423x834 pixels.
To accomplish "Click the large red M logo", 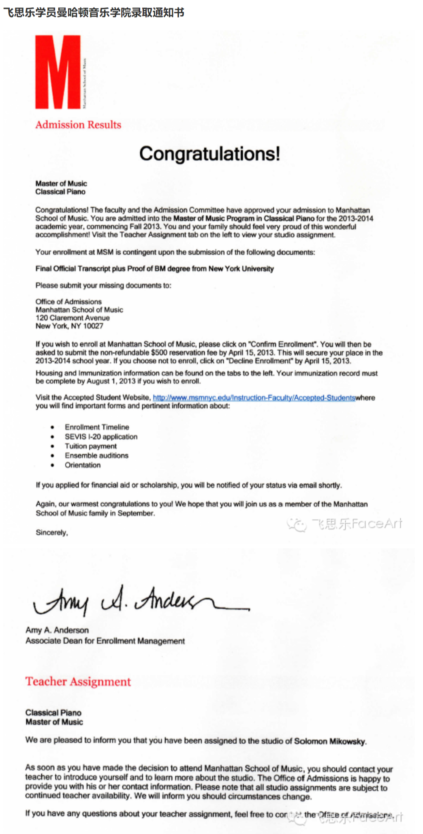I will tap(58, 72).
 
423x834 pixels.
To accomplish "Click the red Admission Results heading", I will tap(78, 125).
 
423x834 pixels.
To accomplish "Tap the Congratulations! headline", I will tap(209, 154).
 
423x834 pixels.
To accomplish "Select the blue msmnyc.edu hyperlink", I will tap(254, 398).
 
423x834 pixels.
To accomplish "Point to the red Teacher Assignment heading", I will tap(78, 682).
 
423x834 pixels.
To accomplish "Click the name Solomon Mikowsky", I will tap(330, 741).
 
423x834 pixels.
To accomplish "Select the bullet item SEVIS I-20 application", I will tap(101, 437).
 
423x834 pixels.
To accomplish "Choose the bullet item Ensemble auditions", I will tap(96, 456).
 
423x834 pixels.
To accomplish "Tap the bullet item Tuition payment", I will tap(91, 446).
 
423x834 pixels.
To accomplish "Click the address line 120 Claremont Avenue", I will tap(73, 318).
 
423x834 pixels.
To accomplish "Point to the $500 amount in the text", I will tap(159, 353).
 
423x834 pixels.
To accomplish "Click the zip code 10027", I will tap(93, 326).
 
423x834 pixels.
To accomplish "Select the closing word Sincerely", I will tap(51, 533).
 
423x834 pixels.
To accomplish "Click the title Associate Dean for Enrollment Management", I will tap(105, 641).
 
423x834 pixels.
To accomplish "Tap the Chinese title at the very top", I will tap(94, 13).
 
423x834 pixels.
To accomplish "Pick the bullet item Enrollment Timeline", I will tap(97, 427).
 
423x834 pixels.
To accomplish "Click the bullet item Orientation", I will tap(83, 465).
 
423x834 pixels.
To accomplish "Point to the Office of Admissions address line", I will tap(68, 302).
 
